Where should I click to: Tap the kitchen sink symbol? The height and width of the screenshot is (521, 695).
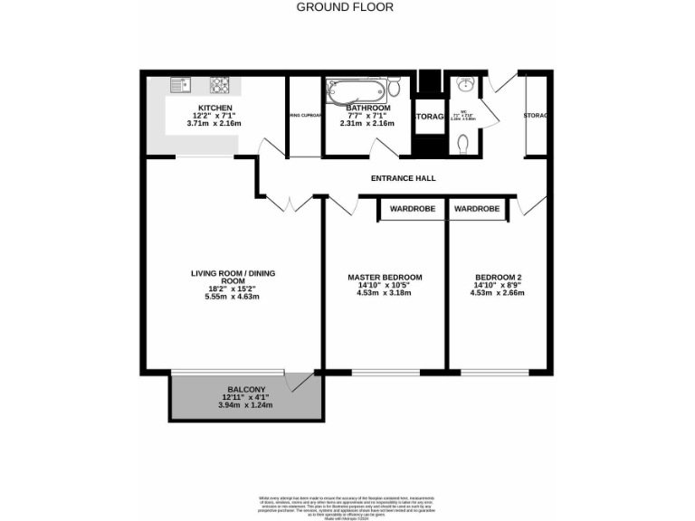[x=177, y=86]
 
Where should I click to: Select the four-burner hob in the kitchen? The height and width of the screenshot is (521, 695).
[x=221, y=86]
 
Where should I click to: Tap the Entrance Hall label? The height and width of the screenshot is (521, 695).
[x=403, y=178]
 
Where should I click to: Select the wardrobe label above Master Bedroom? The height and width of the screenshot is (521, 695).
[x=412, y=209]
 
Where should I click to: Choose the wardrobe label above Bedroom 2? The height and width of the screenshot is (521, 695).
[x=477, y=209]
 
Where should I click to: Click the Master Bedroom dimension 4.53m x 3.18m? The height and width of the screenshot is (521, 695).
[x=385, y=293]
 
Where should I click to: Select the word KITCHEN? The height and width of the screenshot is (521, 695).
[x=215, y=109]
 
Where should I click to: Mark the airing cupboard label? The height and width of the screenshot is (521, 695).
[x=305, y=116]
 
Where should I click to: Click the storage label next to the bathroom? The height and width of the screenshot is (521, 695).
[x=429, y=118]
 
